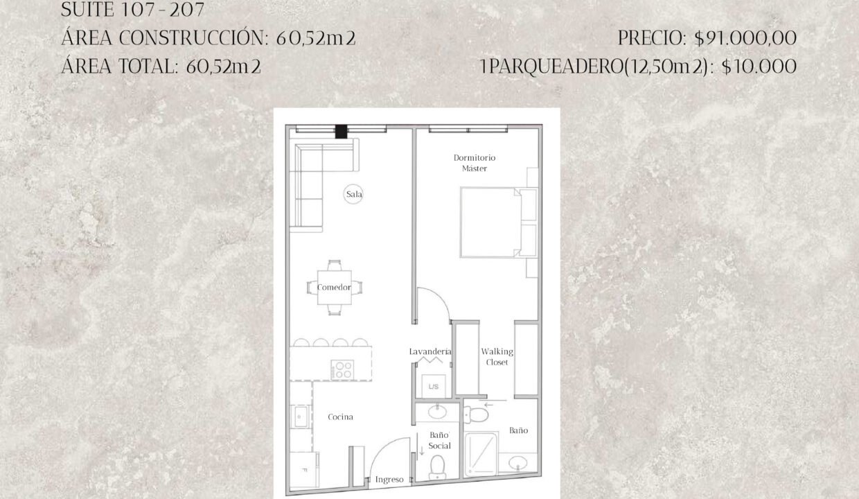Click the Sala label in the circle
tap(353, 194)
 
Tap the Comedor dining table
tap(334, 288)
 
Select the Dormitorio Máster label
tap(475, 163)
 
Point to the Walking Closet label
tap(497, 357)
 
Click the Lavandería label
tap(430, 351)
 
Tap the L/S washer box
tap(434, 386)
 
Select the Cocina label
tap(341, 417)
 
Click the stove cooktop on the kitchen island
tap(342, 369)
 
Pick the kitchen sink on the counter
tap(301, 417)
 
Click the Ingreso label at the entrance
tap(389, 480)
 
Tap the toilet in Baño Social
tap(437, 467)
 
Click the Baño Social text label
tap(439, 440)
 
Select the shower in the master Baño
tap(481, 454)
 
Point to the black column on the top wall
tap(341, 132)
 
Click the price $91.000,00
tap(745, 38)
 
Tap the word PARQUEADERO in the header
tap(557, 67)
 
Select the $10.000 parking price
tap(759, 67)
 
